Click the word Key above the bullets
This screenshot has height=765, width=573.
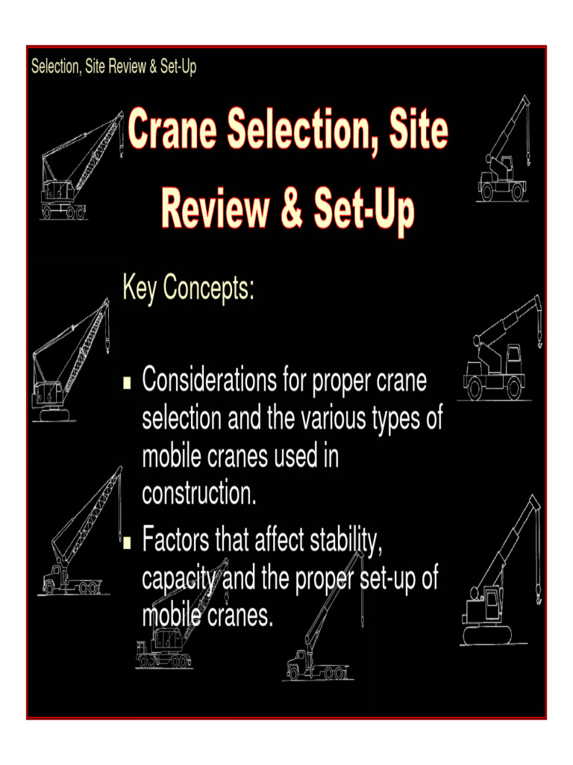(x=140, y=289)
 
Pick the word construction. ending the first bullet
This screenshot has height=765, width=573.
(x=198, y=494)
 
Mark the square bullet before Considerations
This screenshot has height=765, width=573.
(x=127, y=383)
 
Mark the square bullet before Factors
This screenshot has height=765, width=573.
(x=127, y=541)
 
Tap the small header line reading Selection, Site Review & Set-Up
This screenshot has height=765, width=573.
(x=113, y=67)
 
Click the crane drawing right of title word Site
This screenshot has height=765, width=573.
(x=504, y=149)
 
